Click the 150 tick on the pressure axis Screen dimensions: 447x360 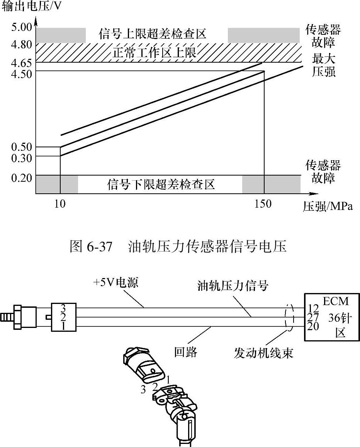tap(263, 204)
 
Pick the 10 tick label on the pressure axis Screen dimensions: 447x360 tap(60, 204)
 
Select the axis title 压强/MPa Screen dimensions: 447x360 tap(328, 206)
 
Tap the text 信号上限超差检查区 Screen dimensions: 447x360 tap(152, 34)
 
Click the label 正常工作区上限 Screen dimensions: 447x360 tap(155, 52)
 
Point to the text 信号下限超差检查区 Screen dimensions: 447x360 tap(160, 184)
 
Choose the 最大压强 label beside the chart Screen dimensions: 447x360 tap(324, 65)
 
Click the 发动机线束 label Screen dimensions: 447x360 tap(263, 353)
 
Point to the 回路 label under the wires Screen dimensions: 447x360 tap(186, 352)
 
